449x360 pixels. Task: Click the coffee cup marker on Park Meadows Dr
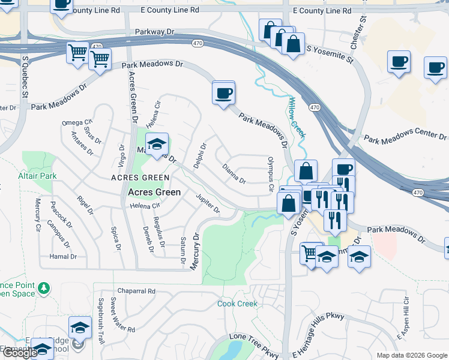223,93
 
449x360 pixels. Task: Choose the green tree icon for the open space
43,289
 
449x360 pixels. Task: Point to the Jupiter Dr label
208,203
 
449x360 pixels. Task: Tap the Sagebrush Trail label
101,320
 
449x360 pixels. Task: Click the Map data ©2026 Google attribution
412,355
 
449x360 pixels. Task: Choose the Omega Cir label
77,122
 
